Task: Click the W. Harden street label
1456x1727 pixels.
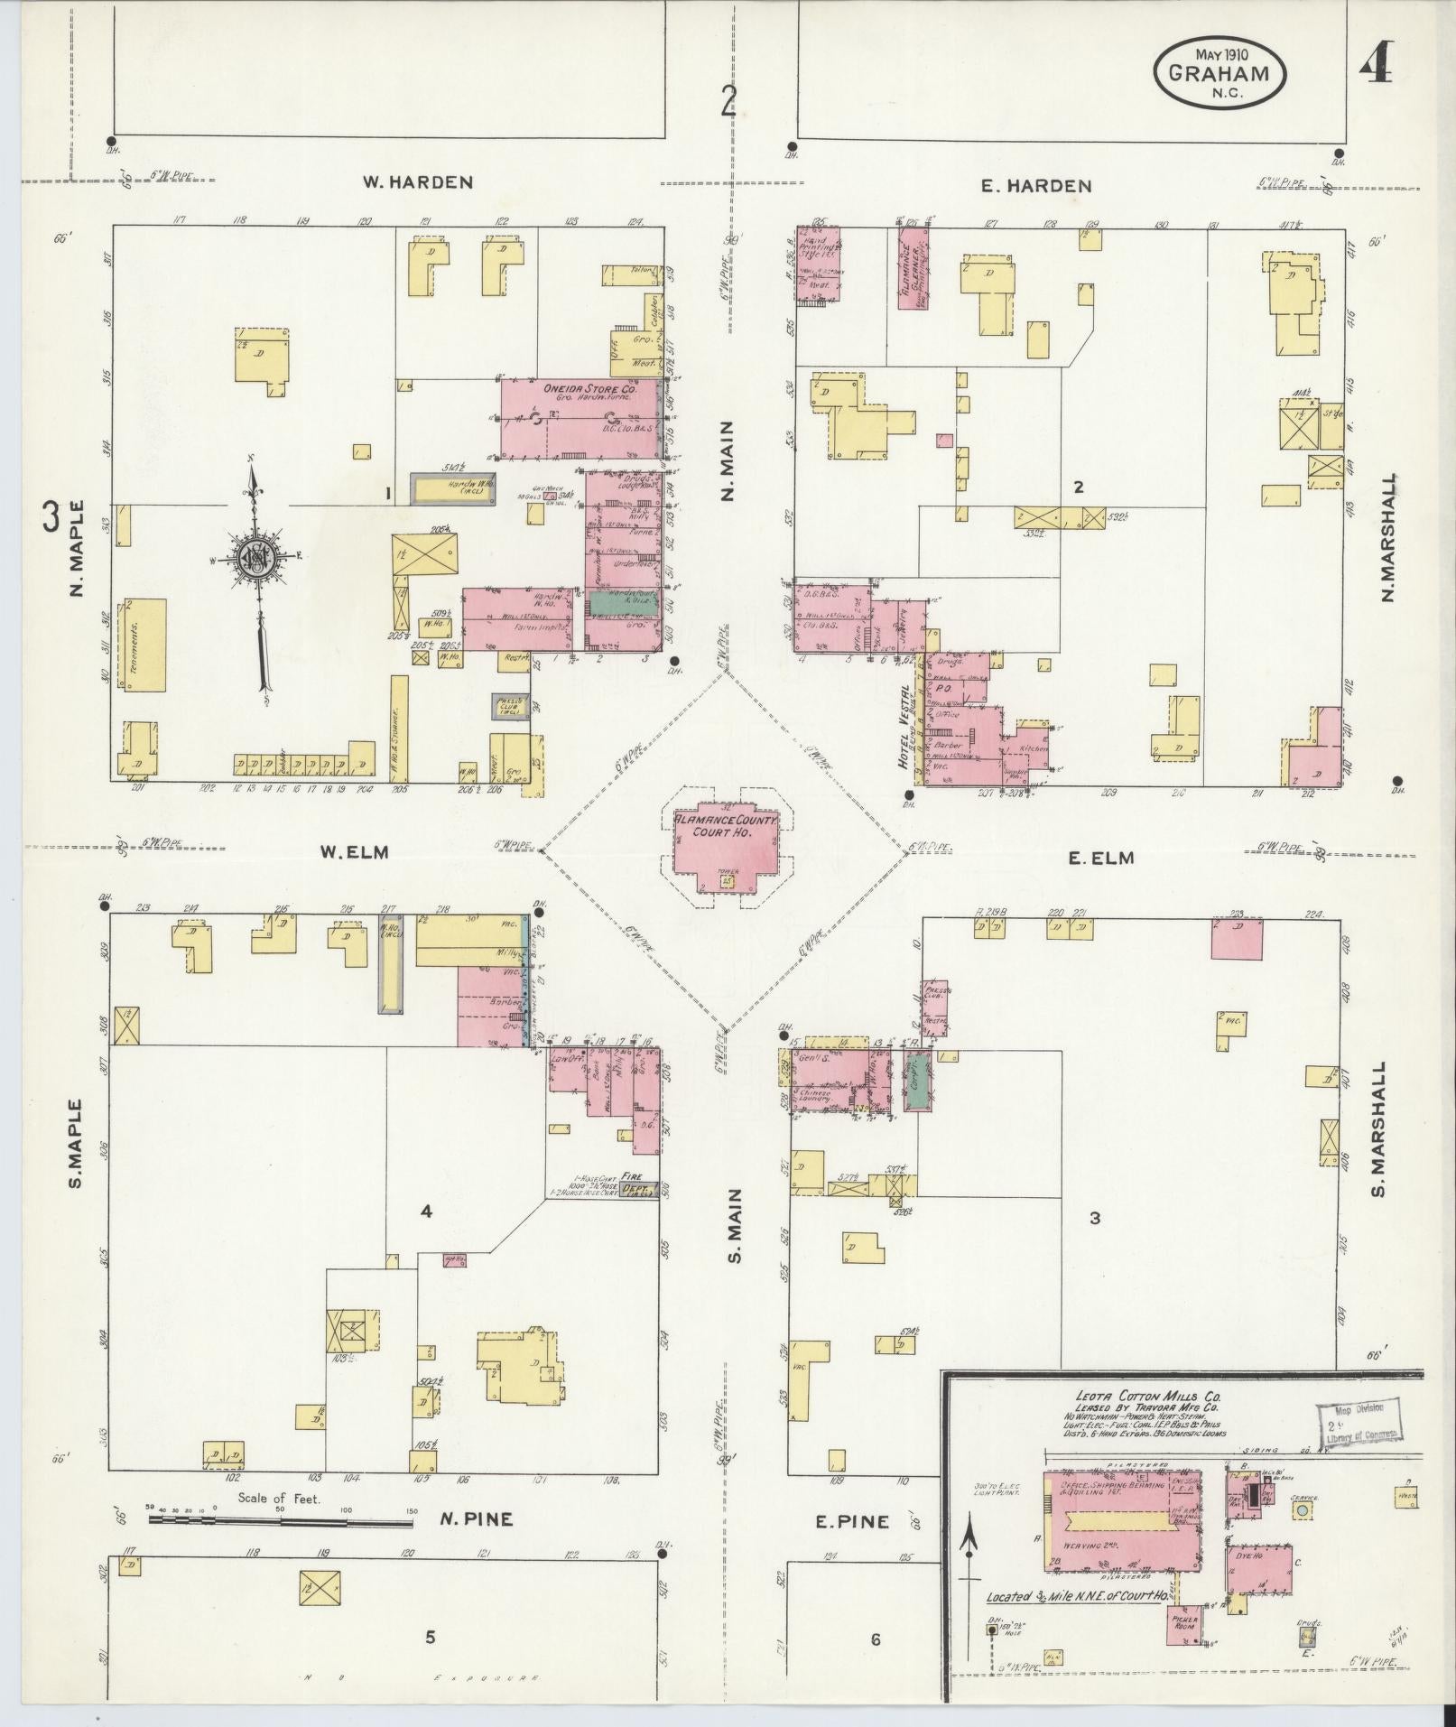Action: click(x=417, y=182)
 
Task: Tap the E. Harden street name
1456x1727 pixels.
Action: click(x=1036, y=187)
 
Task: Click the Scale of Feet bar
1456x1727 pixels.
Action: click(x=280, y=1520)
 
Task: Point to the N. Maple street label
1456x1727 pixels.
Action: click(x=76, y=548)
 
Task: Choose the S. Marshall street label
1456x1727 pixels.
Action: click(x=1377, y=1129)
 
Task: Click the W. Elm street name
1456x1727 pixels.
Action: click(x=354, y=851)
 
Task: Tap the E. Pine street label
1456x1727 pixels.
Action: click(x=852, y=1521)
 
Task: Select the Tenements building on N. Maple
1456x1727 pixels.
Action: click(x=144, y=643)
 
